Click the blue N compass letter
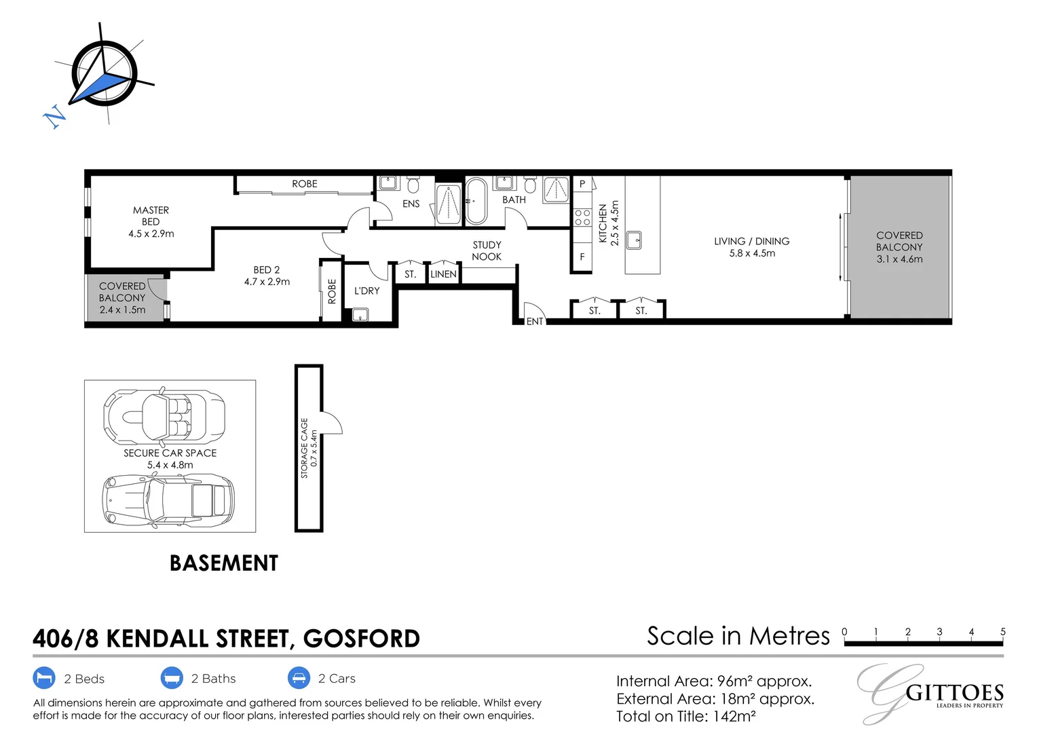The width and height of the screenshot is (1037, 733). pos(54,116)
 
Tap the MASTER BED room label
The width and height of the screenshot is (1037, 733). pos(151,216)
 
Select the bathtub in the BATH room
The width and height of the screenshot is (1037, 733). pos(476,202)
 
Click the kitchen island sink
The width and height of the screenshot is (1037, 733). pos(633,240)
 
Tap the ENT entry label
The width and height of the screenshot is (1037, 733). pos(535,321)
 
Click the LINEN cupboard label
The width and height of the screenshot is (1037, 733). pos(443,274)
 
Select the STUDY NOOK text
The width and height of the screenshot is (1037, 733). pos(487,250)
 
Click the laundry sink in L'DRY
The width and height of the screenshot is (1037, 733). pos(360,315)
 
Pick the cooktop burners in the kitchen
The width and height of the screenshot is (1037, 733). pos(582,218)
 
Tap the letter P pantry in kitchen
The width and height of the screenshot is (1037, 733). pos(582,184)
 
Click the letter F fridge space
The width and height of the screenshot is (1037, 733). pos(582,257)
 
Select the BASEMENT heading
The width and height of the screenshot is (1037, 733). pos(224,563)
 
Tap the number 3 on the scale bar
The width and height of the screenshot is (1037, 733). pos(939,632)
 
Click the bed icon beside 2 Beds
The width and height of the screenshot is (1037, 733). pos(44,678)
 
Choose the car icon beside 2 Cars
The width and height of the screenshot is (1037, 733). pos(299,678)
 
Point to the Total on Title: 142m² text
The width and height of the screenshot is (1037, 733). pos(685,716)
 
